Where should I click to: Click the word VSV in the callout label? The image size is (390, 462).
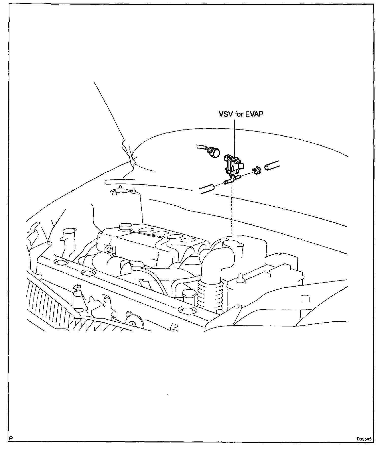coord(224,114)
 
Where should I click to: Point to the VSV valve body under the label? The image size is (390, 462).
coord(232,165)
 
